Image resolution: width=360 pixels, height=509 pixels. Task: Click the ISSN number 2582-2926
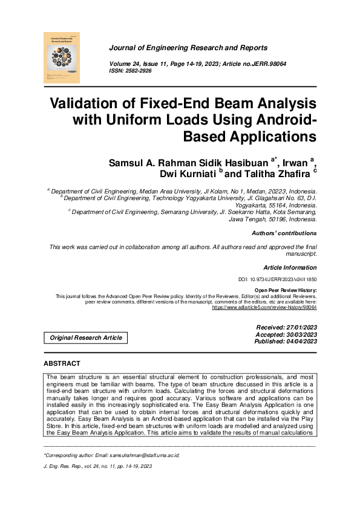pyautogui.click(x=139, y=71)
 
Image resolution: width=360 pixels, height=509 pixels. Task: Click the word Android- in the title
pyautogui.click(x=275, y=119)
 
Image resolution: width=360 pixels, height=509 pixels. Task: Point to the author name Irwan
pyautogui.click(x=293, y=162)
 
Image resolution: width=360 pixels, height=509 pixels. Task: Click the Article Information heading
pyautogui.click(x=290, y=267)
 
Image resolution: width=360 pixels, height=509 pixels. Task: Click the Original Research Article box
pyautogui.click(x=85, y=338)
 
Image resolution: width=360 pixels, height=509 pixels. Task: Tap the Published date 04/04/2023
pyautogui.click(x=299, y=342)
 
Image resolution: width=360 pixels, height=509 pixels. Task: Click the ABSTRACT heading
pyautogui.click(x=62, y=363)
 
